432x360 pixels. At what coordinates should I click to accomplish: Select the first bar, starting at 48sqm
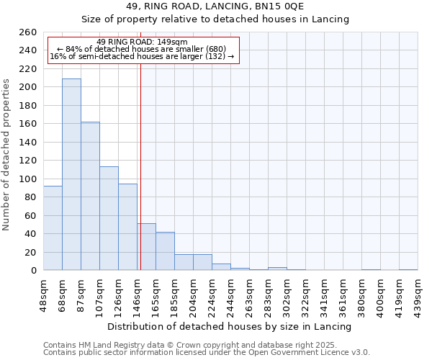[53, 228]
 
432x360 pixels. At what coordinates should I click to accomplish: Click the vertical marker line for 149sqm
[140, 144]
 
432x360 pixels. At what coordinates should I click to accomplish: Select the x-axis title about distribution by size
[230, 326]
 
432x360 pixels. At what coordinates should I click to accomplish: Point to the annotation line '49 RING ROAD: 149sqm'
[141, 42]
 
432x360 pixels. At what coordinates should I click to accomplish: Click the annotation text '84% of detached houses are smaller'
[141, 49]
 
